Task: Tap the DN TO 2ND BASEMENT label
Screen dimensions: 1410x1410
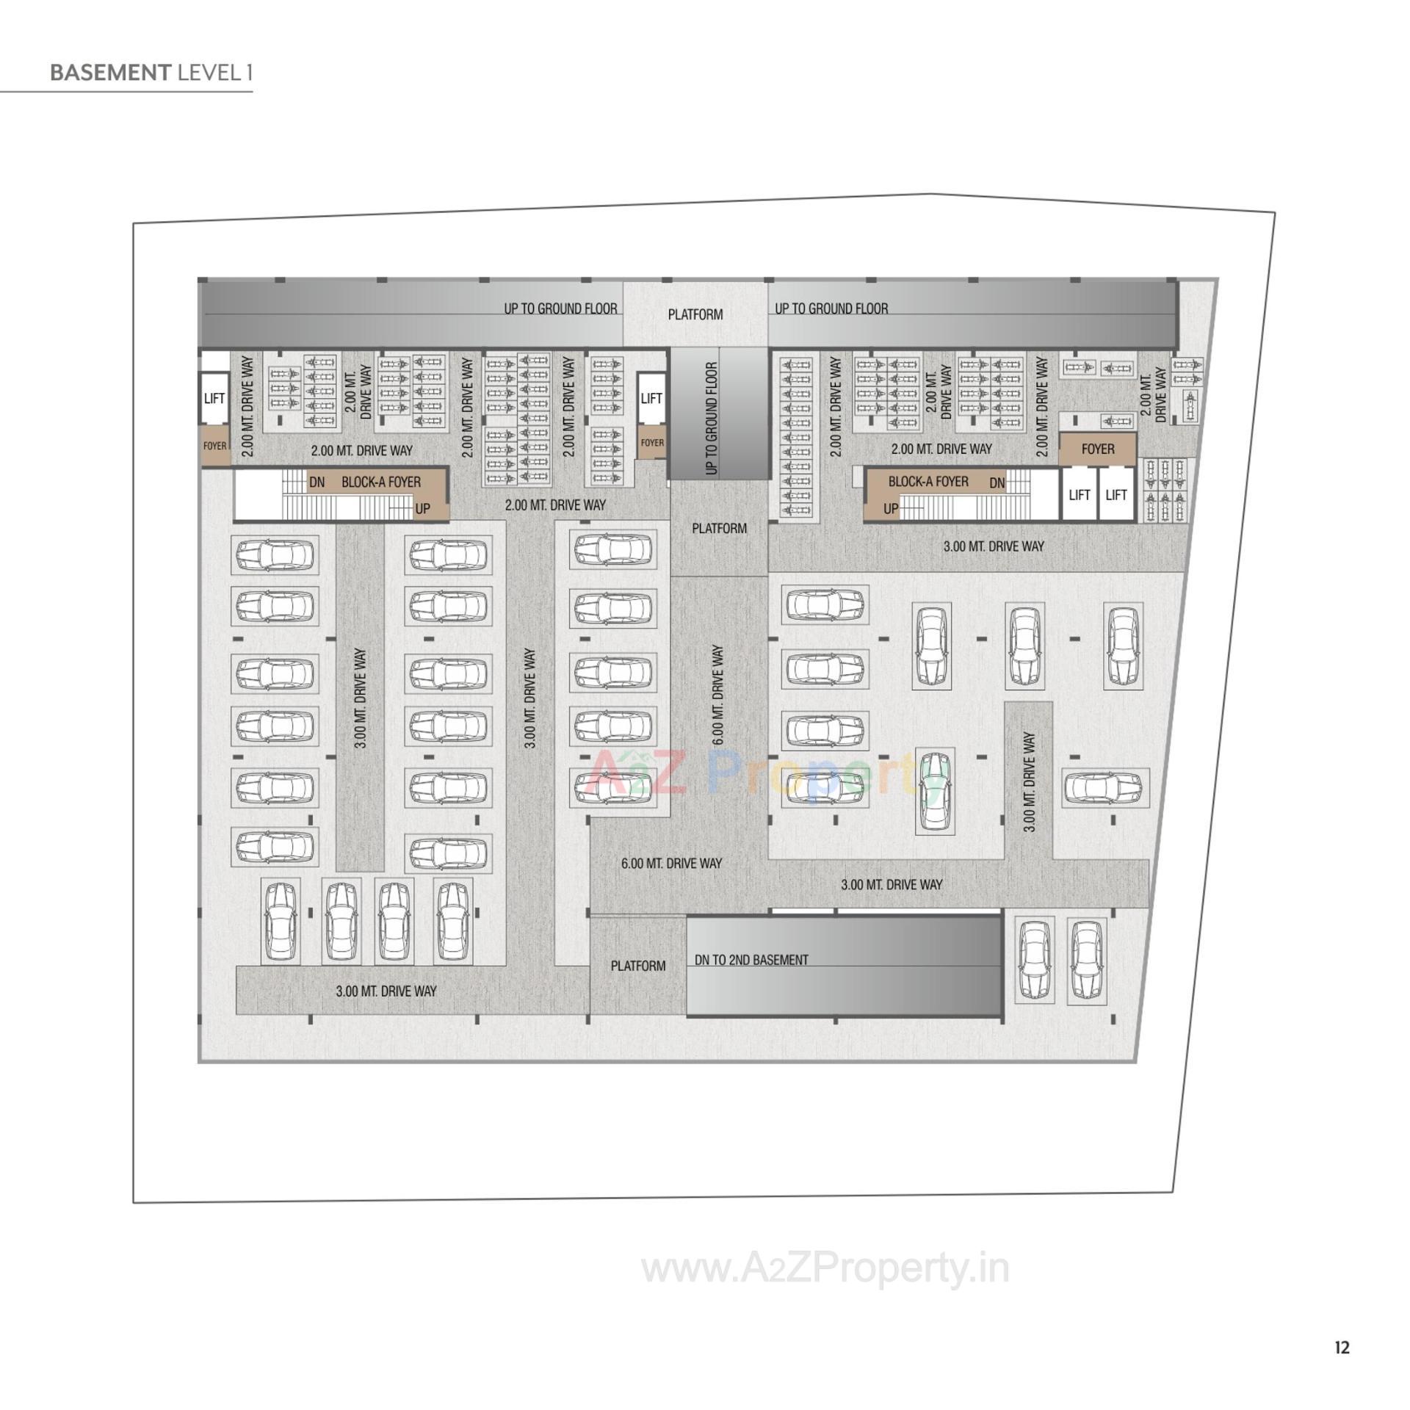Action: [751, 960]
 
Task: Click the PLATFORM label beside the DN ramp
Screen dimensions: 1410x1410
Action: [637, 966]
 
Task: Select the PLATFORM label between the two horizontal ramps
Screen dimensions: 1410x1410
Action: [695, 314]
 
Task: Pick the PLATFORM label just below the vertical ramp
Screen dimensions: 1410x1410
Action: [719, 528]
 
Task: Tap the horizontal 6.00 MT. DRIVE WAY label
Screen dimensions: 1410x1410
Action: [671, 863]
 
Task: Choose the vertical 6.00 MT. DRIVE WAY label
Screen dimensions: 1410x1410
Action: [717, 695]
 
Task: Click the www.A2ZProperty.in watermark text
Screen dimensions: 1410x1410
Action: [825, 1269]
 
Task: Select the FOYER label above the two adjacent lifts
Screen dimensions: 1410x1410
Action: [1097, 449]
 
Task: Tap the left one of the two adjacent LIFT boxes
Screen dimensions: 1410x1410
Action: [1079, 495]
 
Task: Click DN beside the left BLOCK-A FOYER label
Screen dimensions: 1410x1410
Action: [317, 482]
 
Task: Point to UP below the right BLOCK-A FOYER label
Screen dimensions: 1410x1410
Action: [890, 509]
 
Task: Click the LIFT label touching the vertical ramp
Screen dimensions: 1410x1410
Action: [651, 398]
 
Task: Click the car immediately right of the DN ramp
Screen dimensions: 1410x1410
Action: [1033, 960]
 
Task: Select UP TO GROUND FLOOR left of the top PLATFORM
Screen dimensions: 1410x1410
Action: [560, 308]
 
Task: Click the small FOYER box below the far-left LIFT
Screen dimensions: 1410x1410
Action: [214, 446]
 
